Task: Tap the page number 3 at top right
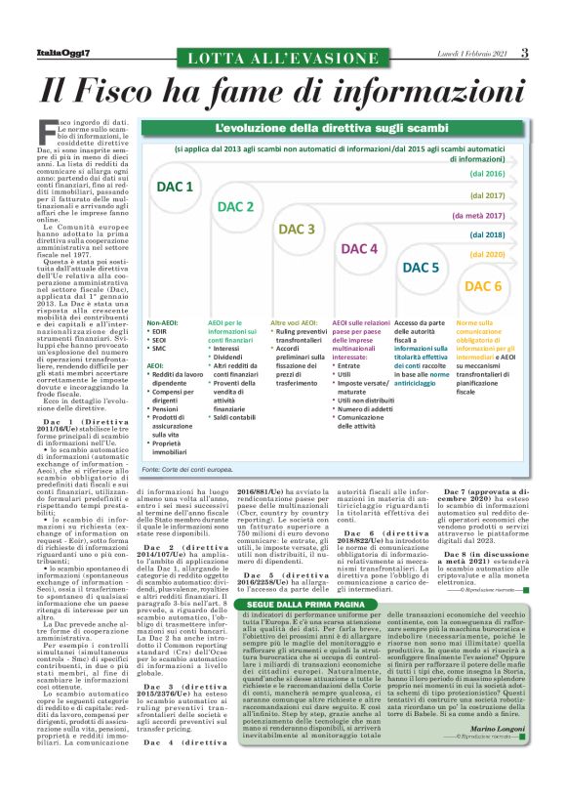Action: [x=524, y=52]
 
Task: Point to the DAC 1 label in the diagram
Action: [x=176, y=187]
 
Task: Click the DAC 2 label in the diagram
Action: [x=235, y=207]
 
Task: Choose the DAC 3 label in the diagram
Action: [x=297, y=229]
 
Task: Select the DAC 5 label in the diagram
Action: [x=421, y=267]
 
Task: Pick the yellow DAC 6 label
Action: [x=483, y=286]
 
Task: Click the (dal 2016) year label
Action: [x=487, y=173]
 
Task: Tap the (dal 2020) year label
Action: [x=487, y=255]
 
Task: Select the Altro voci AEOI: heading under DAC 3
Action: [x=294, y=321]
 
